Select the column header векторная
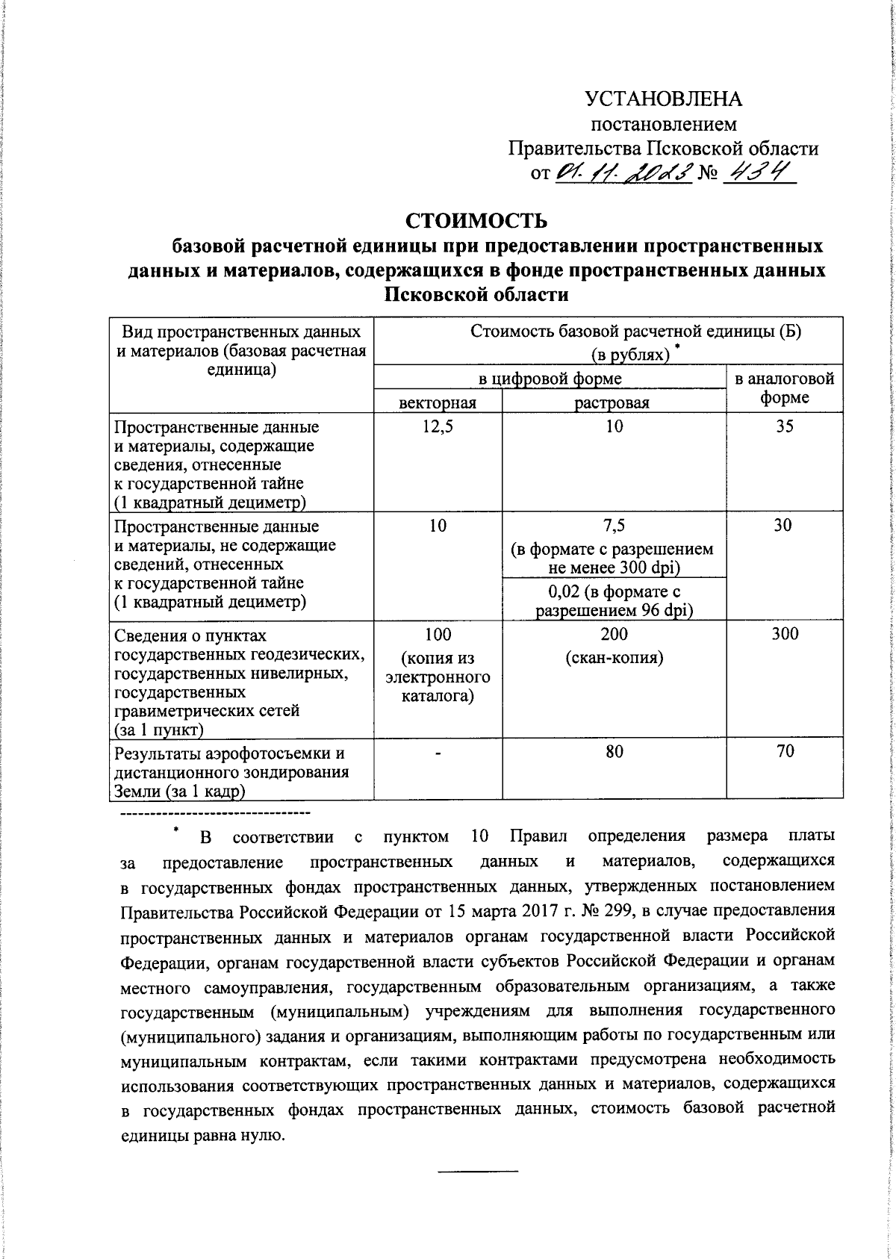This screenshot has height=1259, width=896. (438, 403)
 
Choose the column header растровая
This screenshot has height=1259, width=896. (613, 403)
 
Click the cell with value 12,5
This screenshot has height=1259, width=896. (438, 427)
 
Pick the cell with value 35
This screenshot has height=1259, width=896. (783, 427)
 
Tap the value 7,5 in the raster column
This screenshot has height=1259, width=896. (613, 526)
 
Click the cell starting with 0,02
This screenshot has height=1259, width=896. (613, 601)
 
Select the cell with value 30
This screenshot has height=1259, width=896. (783, 526)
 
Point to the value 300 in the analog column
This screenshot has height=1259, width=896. (783, 634)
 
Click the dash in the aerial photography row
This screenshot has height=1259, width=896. (438, 753)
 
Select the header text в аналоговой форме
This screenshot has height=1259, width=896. (784, 388)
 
